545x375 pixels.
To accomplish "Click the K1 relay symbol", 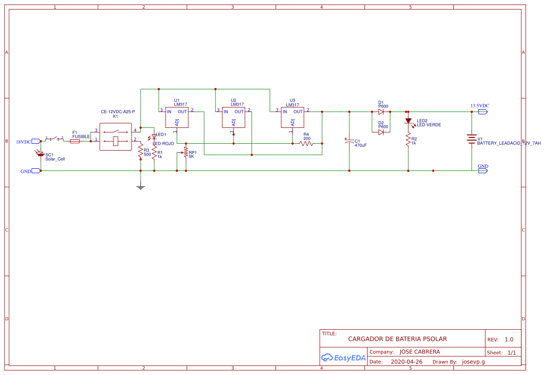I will (115, 136).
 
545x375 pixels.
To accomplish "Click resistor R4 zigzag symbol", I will (306, 143).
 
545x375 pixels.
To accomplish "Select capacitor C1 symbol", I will (349, 141).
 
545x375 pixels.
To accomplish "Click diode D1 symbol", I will (381, 111).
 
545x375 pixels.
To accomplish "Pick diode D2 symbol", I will (381, 132).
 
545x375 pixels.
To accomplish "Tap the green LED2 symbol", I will (408, 121).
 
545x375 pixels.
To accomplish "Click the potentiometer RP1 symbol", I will (186, 152).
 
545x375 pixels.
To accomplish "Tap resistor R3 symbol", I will (141, 153).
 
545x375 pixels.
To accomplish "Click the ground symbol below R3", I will (141, 187).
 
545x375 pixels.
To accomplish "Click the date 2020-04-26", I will (406, 362).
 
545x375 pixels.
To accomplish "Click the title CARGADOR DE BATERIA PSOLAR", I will (397, 339).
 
